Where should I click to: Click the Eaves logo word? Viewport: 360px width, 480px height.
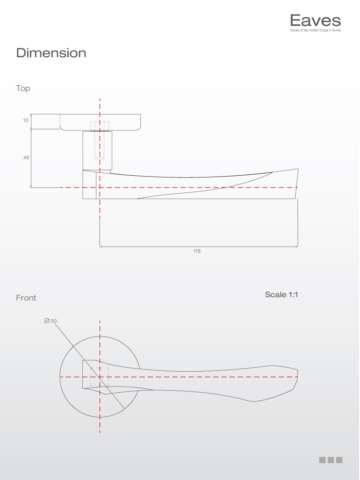click(x=315, y=21)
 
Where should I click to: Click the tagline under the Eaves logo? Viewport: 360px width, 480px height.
click(x=315, y=30)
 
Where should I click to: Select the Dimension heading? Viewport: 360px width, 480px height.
click(x=51, y=53)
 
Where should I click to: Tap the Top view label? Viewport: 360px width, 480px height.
click(x=23, y=89)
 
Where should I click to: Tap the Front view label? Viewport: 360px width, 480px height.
click(x=26, y=298)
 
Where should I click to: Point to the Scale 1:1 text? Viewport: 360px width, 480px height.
click(x=281, y=295)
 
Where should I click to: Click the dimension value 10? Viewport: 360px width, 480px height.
click(x=26, y=120)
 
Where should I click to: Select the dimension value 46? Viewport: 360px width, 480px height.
click(x=26, y=157)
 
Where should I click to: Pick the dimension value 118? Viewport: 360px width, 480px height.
click(x=197, y=251)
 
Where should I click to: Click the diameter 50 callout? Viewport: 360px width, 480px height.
click(x=51, y=321)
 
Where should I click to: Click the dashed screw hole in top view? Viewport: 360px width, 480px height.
click(x=100, y=140)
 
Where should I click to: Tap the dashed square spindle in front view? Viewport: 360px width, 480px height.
click(x=99, y=377)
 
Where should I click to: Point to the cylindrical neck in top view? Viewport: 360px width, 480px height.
click(x=98, y=150)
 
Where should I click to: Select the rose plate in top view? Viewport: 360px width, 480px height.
click(x=101, y=122)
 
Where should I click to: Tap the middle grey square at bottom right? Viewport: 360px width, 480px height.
click(x=331, y=460)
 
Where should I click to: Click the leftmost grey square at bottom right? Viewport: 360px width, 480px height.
click(x=322, y=460)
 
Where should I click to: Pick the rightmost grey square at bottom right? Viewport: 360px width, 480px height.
click(x=339, y=460)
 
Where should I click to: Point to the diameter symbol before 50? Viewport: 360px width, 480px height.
click(x=47, y=321)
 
